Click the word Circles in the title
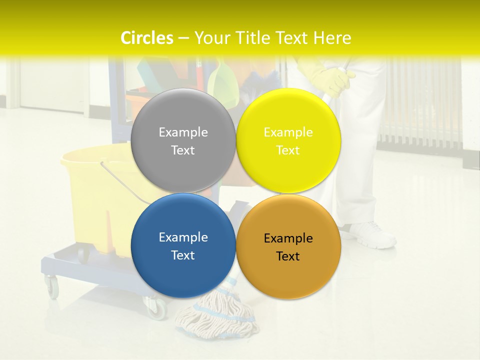pos(147,38)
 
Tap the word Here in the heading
pos(332,38)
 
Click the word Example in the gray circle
pos(183,132)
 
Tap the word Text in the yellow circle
pos(288,150)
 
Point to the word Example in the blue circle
pos(183,237)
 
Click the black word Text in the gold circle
pos(288,256)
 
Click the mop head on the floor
pos(215,315)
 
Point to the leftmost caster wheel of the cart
pos(52,288)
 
